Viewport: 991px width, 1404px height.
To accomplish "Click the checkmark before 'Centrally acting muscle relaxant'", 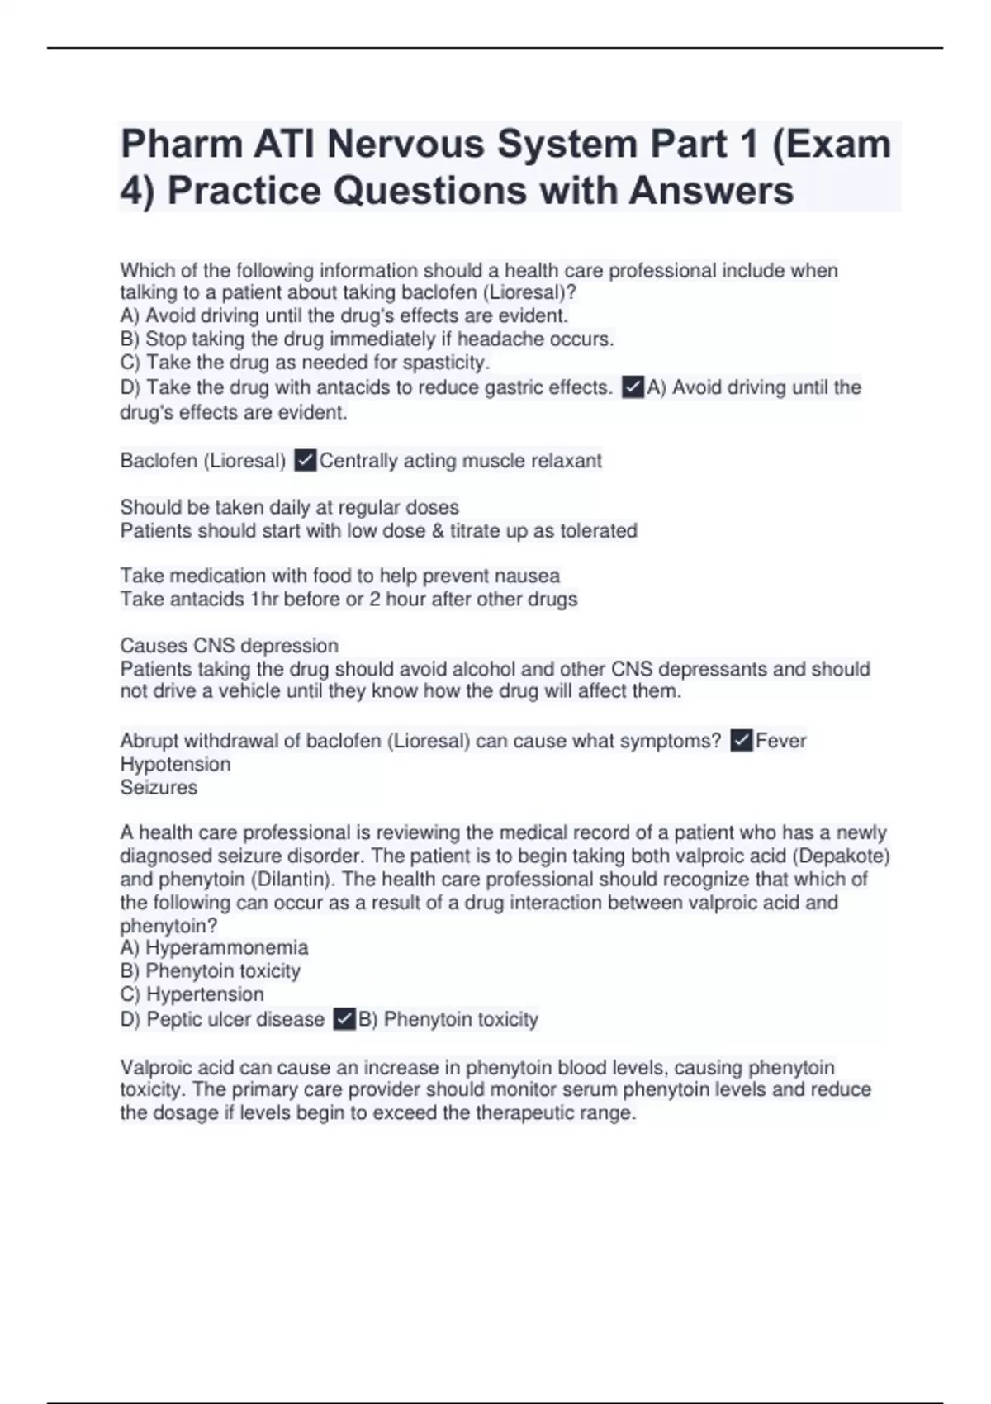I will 305,461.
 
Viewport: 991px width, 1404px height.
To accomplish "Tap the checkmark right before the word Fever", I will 742,741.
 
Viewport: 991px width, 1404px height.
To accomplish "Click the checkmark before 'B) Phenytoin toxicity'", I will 344,1019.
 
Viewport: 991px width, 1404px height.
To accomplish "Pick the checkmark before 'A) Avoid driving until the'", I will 633,387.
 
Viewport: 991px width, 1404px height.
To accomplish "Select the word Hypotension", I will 175,764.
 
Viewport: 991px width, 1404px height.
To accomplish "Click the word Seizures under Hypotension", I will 159,787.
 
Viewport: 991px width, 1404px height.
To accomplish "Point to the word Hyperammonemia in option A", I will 227,947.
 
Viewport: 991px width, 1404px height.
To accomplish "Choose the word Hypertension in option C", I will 205,994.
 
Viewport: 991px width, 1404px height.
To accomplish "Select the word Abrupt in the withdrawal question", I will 149,741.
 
